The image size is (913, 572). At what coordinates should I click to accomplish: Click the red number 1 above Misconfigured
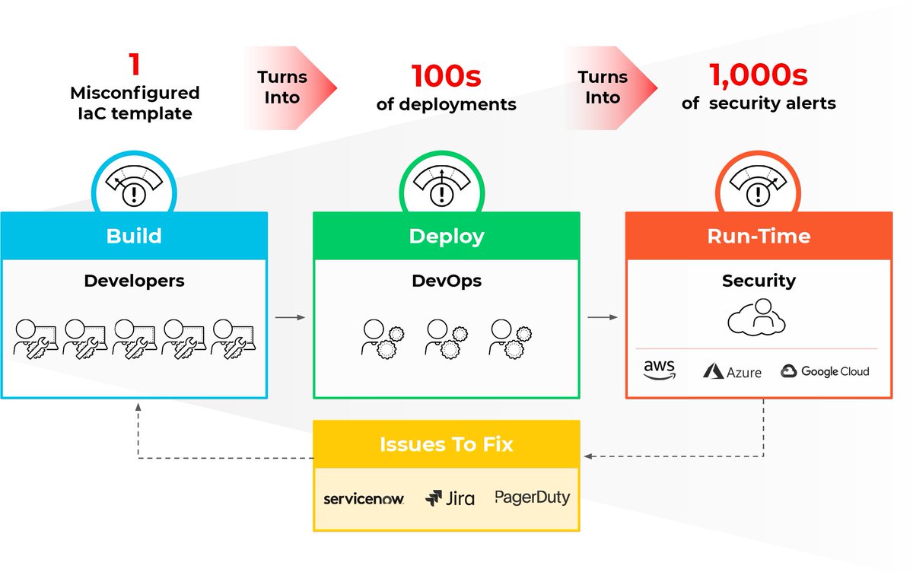point(135,65)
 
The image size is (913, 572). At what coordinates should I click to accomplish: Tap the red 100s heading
point(446,76)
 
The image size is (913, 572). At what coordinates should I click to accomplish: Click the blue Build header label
point(134,236)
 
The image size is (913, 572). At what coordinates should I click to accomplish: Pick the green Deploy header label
point(447,236)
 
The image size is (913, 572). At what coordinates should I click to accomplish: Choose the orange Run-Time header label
point(759,236)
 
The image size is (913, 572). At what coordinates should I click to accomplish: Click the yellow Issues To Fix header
point(447,444)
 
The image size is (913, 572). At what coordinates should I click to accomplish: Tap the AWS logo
point(659,370)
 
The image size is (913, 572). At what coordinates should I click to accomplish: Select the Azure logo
point(732,371)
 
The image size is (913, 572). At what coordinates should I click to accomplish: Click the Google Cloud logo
point(825,371)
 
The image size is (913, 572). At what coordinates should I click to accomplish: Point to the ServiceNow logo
point(363,499)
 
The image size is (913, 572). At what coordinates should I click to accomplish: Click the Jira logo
point(450,498)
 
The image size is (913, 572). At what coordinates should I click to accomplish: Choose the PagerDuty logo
point(532,497)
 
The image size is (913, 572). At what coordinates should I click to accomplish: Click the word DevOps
point(447,281)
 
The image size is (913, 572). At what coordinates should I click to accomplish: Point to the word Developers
point(134,281)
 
